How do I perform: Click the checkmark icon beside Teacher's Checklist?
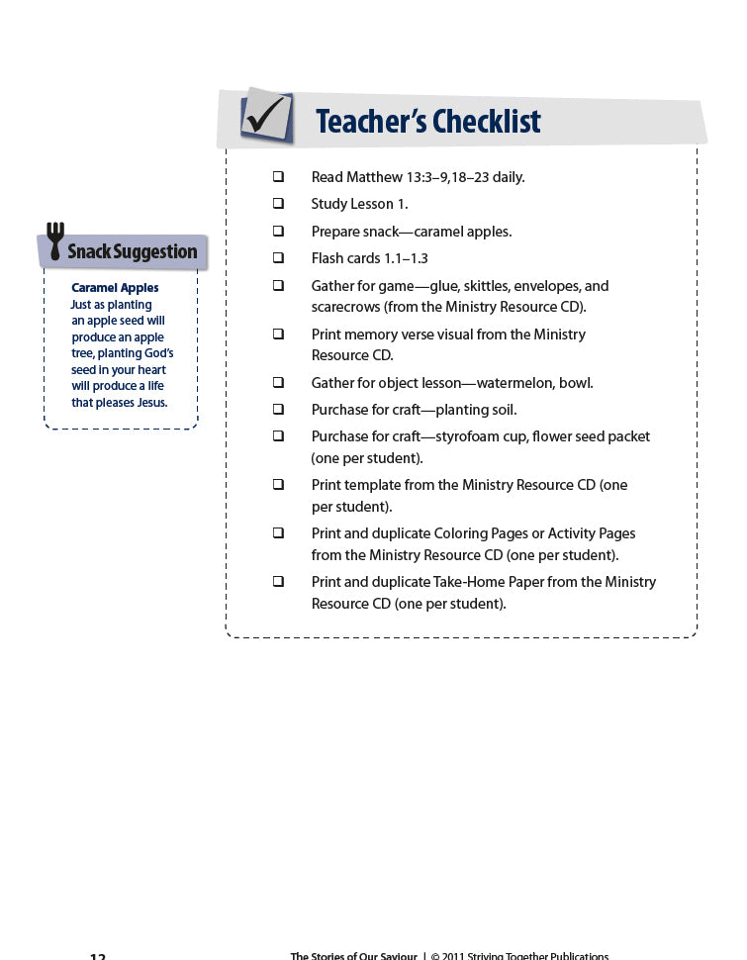[266, 117]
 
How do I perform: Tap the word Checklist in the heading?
[485, 122]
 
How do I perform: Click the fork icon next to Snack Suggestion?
[55, 242]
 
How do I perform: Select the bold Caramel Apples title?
[115, 288]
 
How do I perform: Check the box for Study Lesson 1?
[279, 204]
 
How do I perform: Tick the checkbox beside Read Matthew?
[279, 177]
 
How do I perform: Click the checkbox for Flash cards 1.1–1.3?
[279, 258]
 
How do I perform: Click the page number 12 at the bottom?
[97, 956]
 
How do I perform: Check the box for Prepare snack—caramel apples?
[279, 232]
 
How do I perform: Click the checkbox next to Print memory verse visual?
[279, 335]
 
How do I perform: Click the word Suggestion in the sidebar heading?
[158, 252]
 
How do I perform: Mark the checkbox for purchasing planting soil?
[279, 410]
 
